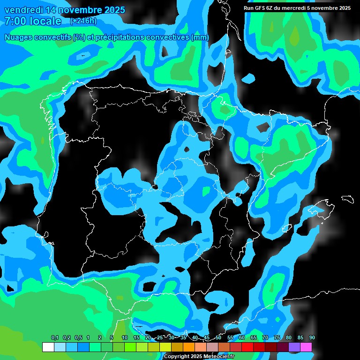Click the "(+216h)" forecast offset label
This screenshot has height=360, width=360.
pyautogui.click(x=83, y=21)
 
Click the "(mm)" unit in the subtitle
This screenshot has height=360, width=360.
pyautogui.click(x=200, y=37)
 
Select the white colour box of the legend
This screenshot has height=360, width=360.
pyautogui.click(x=48, y=347)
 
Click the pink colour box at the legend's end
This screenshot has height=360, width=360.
pyautogui.click(x=306, y=347)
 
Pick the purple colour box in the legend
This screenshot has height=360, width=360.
pyautogui.click(x=294, y=347)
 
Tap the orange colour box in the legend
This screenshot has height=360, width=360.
pyautogui.click(x=189, y=347)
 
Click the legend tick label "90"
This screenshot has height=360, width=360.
pyautogui.click(x=312, y=337)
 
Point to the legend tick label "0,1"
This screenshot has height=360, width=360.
pyautogui.click(x=54, y=337)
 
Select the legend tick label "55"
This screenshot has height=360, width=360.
pyautogui.click(x=230, y=337)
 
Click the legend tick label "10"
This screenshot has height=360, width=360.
pyautogui.click(x=125, y=337)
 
